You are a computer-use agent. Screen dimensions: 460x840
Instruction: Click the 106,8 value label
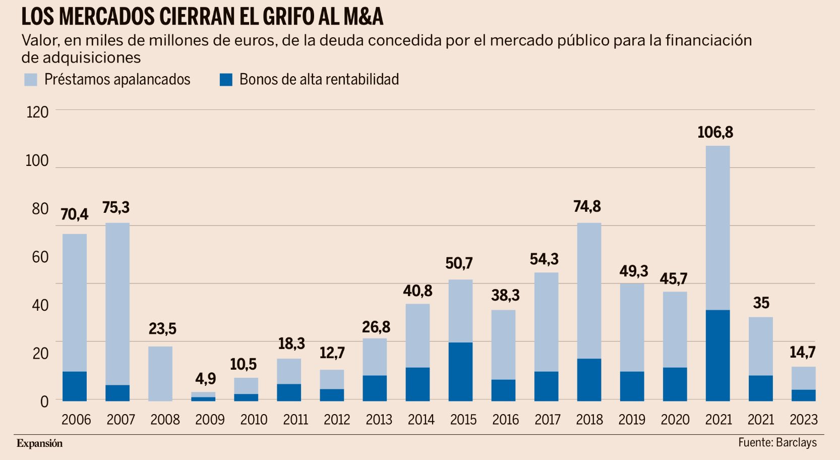coord(715,133)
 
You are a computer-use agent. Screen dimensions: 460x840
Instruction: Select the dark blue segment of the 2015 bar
coord(460,372)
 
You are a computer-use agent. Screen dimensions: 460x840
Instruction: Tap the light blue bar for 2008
coord(160,373)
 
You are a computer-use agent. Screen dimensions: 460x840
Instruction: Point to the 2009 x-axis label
coord(210,420)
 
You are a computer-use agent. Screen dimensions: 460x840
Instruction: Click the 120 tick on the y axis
coord(37,112)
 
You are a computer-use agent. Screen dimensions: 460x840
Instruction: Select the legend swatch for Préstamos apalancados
coord(31,80)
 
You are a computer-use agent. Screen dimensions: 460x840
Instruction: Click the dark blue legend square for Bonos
coord(226,80)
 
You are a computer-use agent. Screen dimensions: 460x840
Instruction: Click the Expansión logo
coord(39,443)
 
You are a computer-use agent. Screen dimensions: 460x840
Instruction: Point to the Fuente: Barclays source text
coord(777,443)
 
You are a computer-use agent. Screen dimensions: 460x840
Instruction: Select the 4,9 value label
coord(206,379)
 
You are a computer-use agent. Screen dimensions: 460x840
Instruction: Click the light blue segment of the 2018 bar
coord(589,291)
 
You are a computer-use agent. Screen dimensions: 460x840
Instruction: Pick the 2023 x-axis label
coord(803,420)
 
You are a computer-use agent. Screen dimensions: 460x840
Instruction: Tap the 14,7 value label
coord(802,353)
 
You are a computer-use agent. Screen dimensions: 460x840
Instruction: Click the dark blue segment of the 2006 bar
coord(75,386)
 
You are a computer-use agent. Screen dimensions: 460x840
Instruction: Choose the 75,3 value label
coord(116,208)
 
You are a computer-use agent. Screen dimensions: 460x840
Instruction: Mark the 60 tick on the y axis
coord(40,257)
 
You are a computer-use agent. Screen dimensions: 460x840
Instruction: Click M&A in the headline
coord(363,17)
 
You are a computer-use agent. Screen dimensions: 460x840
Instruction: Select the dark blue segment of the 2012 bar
coord(332,395)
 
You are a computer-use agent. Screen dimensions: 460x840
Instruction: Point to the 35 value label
coord(761,303)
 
